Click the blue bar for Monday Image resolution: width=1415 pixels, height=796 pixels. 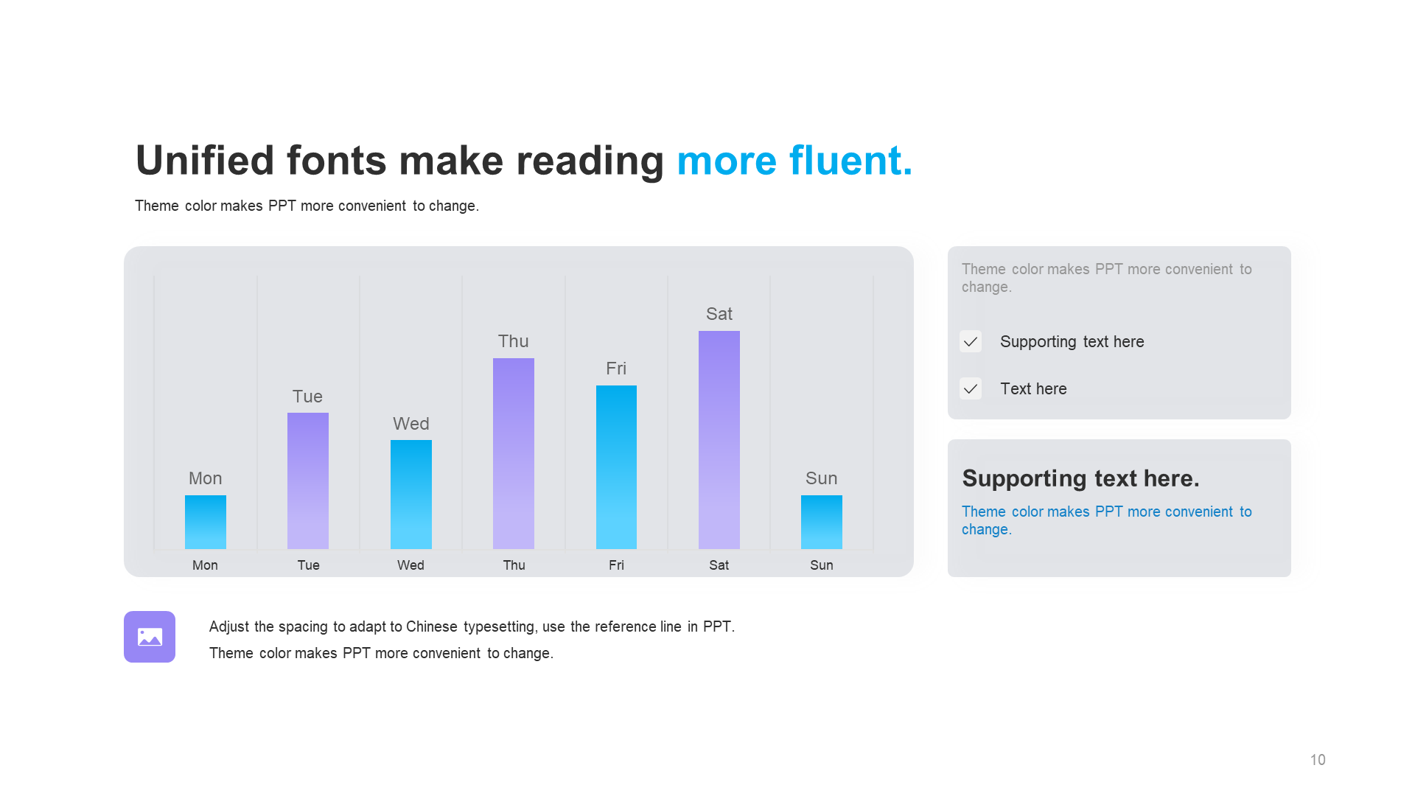click(x=205, y=522)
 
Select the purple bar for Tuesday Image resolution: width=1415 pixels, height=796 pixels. click(x=308, y=481)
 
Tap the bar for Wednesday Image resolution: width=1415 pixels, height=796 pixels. click(x=411, y=495)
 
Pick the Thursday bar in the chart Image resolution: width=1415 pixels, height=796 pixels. click(x=514, y=453)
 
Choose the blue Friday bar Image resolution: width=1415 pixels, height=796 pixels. click(x=616, y=467)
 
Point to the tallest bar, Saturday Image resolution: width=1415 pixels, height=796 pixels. click(x=719, y=440)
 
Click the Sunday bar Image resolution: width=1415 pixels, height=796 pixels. click(x=822, y=522)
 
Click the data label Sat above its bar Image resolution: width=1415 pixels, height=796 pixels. click(x=719, y=314)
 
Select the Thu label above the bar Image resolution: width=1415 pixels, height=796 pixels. click(x=514, y=341)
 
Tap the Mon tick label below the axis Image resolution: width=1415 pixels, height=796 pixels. click(x=205, y=565)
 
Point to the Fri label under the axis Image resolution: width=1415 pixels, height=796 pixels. click(x=616, y=565)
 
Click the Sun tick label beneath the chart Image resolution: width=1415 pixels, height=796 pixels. click(x=822, y=565)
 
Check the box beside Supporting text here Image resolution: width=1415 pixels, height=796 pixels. click(x=971, y=341)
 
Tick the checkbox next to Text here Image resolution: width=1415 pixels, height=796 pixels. click(x=971, y=388)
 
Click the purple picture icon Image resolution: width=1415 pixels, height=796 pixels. click(x=150, y=637)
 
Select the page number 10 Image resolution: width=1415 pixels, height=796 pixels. click(x=1318, y=760)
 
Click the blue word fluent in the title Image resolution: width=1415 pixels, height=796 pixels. click(x=851, y=160)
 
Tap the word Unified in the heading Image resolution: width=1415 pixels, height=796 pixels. click(x=205, y=160)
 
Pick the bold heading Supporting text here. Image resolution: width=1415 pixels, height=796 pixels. click(x=1080, y=478)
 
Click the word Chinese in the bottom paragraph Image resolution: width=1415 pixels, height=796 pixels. click(x=432, y=626)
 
